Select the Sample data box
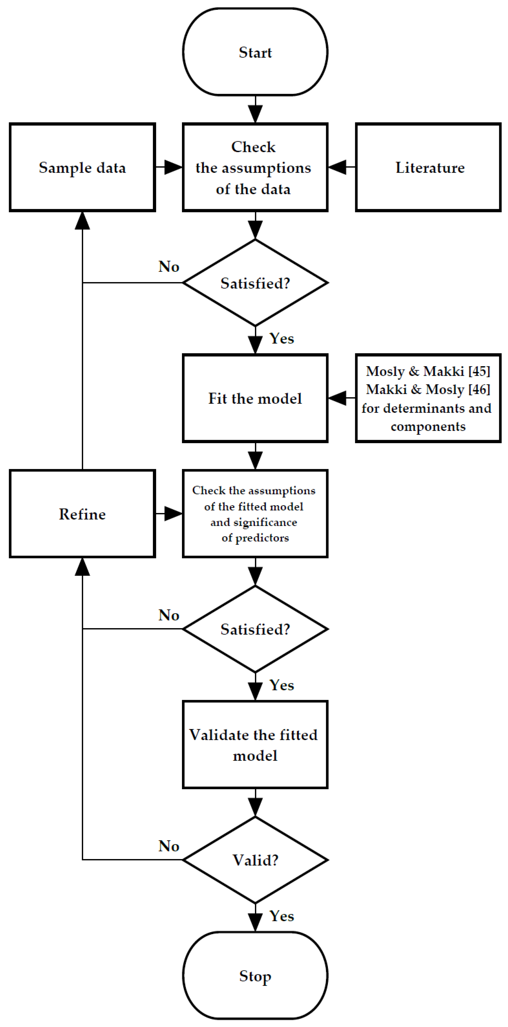(x=82, y=167)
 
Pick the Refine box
(x=82, y=513)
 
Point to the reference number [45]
(x=479, y=371)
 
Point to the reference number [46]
(x=479, y=390)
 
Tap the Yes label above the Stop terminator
(x=282, y=916)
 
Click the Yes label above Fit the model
(x=282, y=338)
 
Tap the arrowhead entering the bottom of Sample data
(x=82, y=221)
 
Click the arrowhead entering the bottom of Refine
(x=82, y=567)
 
